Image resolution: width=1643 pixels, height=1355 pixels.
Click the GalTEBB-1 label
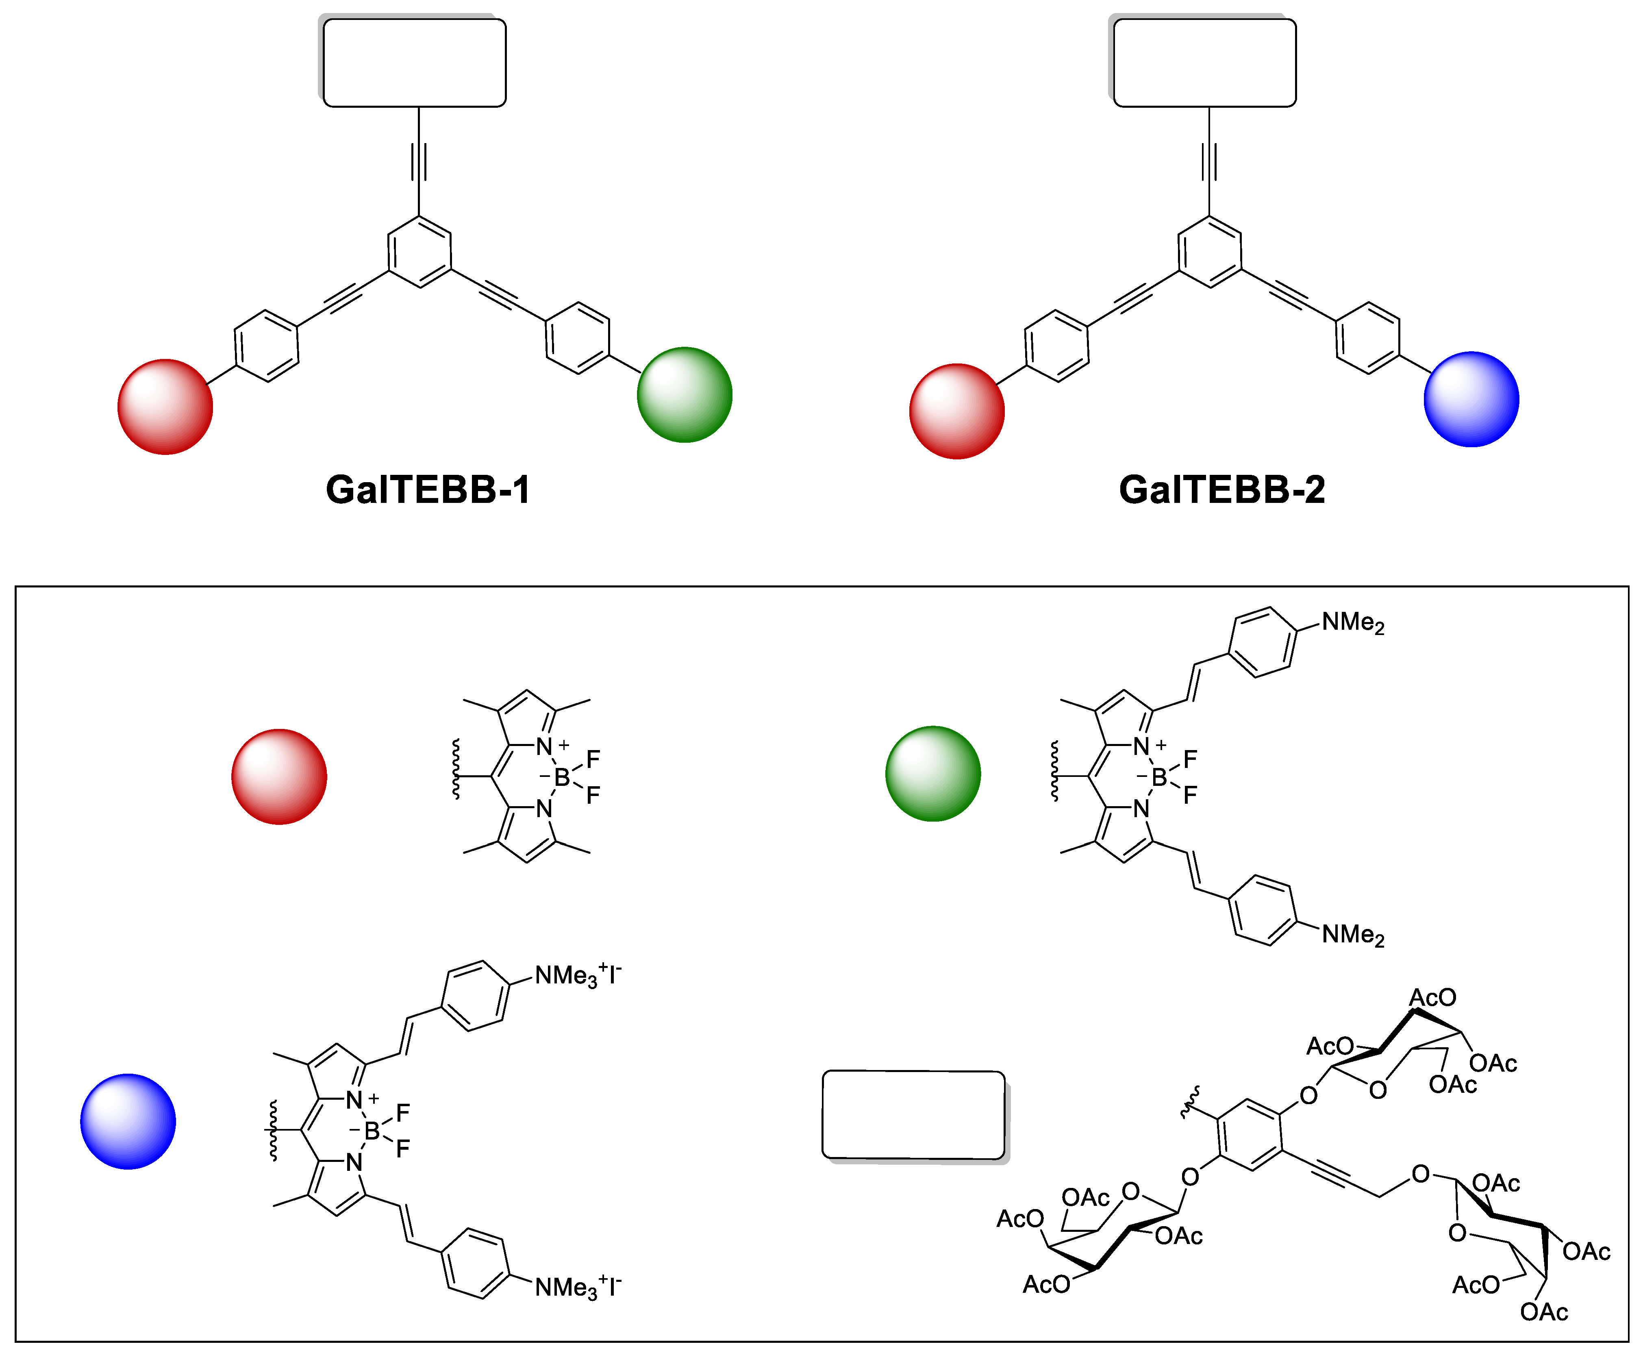click(428, 490)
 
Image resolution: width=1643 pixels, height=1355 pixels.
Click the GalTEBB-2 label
click(1221, 490)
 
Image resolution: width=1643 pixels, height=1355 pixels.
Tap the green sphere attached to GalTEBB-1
click(685, 395)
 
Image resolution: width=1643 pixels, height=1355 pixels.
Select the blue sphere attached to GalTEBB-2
click(1471, 400)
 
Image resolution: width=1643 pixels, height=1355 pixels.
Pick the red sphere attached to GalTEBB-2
click(957, 411)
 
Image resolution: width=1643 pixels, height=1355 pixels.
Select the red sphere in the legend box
click(279, 776)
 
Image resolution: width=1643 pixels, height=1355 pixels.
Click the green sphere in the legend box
click(933, 774)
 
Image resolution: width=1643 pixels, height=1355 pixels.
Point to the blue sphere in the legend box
click(128, 1122)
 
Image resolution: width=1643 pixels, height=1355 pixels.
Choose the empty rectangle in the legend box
click(913, 1115)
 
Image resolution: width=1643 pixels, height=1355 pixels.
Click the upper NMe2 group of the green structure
click(1353, 623)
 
